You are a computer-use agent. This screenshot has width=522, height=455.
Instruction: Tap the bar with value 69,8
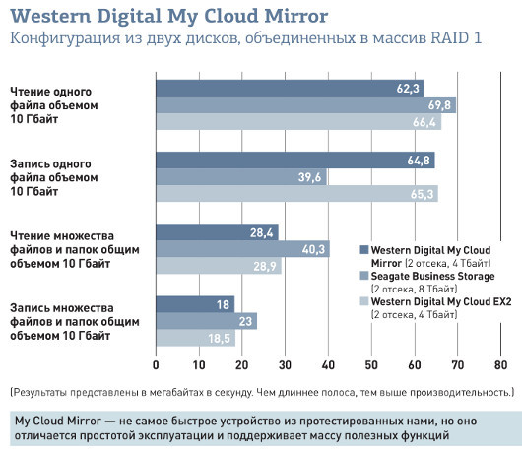[305, 104]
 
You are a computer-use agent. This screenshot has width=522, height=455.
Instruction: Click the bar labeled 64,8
[294, 160]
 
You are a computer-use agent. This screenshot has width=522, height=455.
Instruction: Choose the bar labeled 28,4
[217, 231]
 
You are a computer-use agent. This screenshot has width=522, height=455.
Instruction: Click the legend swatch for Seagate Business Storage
[363, 277]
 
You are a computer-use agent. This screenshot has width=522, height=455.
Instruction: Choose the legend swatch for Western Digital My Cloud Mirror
[363, 250]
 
